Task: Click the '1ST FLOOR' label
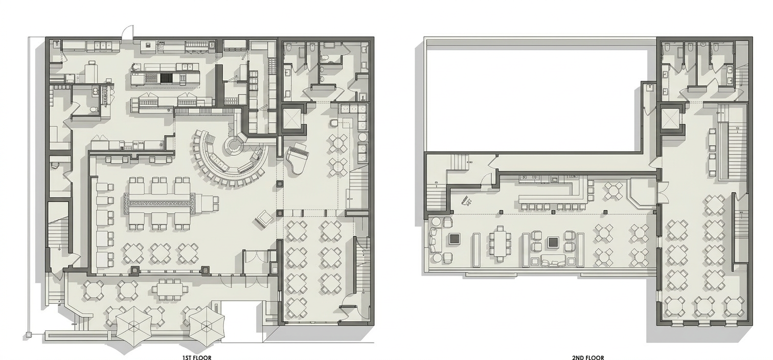pyautogui.click(x=197, y=357)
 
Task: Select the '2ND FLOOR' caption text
pyautogui.click(x=588, y=357)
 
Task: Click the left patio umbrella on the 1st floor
pyautogui.click(x=133, y=326)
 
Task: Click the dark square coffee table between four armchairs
pyautogui.click(x=554, y=242)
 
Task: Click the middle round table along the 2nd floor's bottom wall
pyautogui.click(x=704, y=307)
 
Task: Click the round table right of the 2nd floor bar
pyautogui.click(x=613, y=191)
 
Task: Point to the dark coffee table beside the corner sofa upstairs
pyautogui.click(x=454, y=238)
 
